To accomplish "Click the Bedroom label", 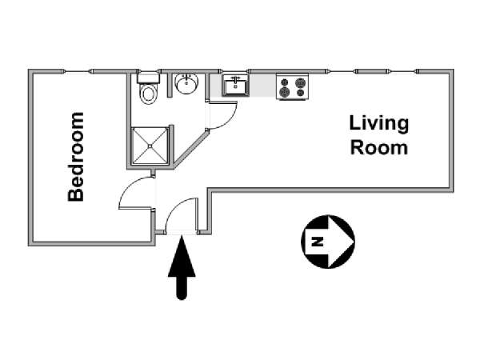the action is click(76, 157).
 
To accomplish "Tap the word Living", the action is click(379, 123).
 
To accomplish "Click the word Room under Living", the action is click(379, 147).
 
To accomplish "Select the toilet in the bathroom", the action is click(149, 88).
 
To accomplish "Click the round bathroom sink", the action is click(186, 83).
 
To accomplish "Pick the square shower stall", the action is click(150, 146).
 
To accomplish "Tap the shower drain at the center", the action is click(150, 146).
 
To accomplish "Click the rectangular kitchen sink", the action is click(235, 85).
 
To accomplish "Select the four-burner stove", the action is click(292, 86).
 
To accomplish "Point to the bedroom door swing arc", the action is click(128, 186).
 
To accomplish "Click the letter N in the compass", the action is click(318, 242).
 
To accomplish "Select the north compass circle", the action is click(328, 242).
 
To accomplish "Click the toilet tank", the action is click(149, 78).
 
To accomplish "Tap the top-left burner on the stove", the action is click(285, 82).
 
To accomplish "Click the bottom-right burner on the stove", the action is click(301, 92).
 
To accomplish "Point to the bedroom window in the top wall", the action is click(77, 72).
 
